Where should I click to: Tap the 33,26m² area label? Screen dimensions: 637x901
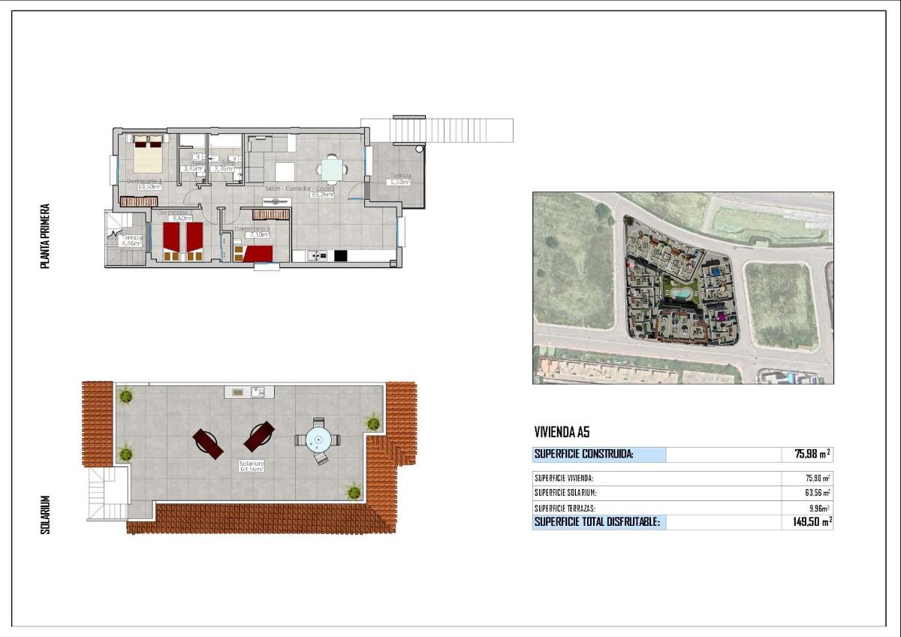pos(322,195)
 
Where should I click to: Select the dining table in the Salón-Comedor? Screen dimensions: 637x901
pos(330,168)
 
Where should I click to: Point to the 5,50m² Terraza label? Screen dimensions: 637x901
pos(399,182)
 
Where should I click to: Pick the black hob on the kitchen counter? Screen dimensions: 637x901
pos(340,256)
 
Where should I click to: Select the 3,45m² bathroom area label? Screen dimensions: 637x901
pos(194,169)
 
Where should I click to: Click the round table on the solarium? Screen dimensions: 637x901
pos(318,440)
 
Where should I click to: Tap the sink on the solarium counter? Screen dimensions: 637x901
pos(257,391)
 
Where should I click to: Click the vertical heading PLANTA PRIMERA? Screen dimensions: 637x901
pos(46,236)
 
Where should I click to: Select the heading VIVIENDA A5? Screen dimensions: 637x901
pos(562,432)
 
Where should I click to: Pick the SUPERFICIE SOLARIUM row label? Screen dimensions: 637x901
pos(565,493)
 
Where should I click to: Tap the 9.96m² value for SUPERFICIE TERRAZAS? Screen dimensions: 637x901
pos(817,508)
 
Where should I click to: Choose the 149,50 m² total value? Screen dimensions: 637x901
pos(812,522)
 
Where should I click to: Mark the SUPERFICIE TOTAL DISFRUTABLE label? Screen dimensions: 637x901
pos(597,522)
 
